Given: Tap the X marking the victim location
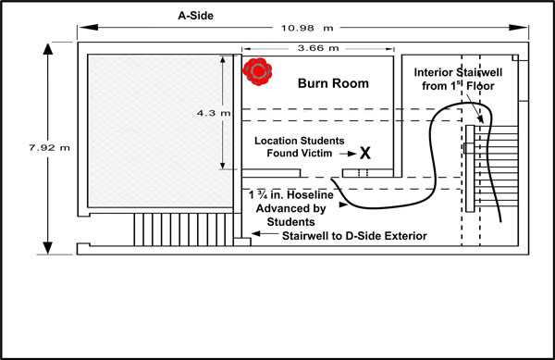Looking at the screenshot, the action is (365, 152).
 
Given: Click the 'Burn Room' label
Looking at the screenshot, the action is (333, 83).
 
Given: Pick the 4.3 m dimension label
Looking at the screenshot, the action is (208, 113).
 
